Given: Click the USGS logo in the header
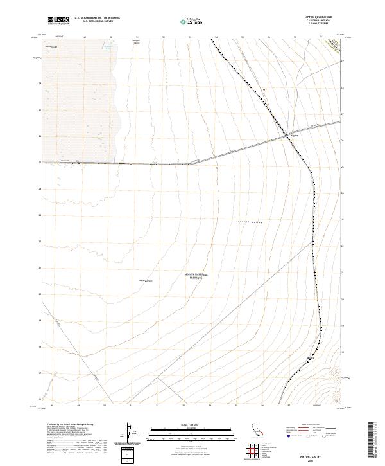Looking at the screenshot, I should [58, 21].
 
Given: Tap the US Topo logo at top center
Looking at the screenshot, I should [188, 21].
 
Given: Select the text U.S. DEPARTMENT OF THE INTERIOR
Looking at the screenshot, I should [97, 18].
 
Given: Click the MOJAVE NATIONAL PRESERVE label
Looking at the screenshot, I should [193, 276].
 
